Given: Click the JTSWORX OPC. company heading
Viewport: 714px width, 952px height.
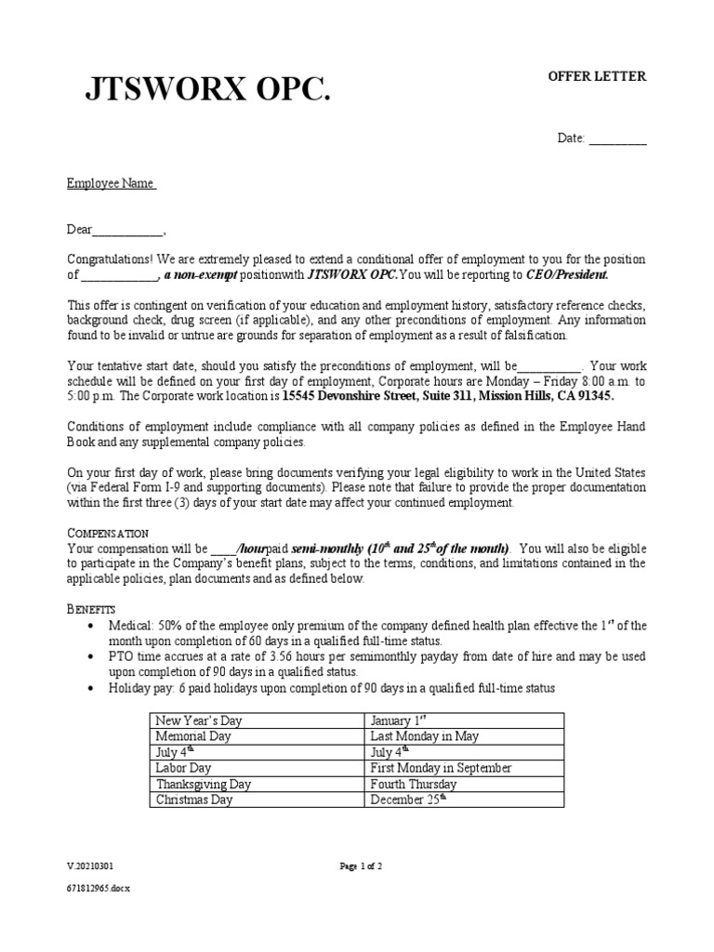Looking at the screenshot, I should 206,90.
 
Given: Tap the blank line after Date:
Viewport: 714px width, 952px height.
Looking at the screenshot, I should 617,139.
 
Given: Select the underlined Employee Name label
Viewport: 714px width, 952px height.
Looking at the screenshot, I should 111,184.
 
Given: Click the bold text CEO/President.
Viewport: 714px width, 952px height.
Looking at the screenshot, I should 566,275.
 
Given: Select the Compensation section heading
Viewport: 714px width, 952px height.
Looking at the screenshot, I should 107,534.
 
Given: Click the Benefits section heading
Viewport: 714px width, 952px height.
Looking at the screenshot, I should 91,608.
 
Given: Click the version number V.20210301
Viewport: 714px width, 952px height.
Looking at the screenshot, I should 90,866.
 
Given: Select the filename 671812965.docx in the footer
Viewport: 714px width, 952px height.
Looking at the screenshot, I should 99,889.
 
